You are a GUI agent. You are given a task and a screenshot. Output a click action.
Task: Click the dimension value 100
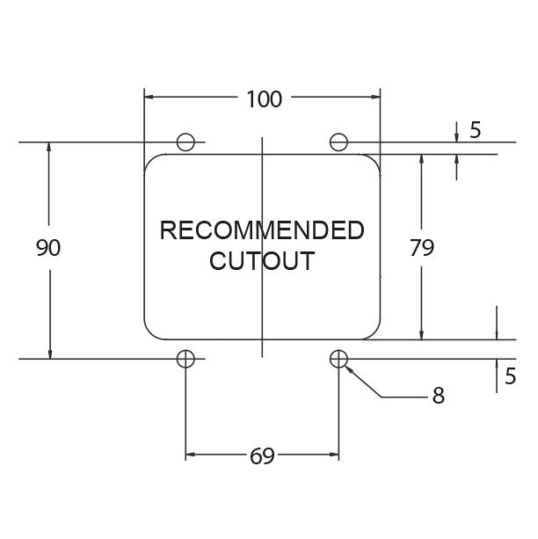264,99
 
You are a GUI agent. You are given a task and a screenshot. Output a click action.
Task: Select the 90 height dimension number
48,249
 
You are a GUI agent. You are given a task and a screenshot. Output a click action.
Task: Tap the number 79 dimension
422,249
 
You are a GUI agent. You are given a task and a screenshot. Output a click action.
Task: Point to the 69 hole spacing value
262,455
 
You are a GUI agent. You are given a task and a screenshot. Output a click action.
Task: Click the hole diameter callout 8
438,397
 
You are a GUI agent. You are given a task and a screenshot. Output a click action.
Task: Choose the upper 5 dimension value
476,131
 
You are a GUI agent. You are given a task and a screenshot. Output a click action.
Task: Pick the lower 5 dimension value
509,375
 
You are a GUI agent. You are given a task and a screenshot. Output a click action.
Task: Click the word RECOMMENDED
261,231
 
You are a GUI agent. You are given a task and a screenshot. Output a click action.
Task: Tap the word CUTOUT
261,261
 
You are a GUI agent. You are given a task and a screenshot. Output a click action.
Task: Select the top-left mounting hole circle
185,142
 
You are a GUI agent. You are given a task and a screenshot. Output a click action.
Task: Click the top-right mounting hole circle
339,142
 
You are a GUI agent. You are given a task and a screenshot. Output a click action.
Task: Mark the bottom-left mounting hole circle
185,358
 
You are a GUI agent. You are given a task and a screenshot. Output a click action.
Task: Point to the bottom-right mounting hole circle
339,358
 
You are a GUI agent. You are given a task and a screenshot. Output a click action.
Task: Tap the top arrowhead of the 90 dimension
50,148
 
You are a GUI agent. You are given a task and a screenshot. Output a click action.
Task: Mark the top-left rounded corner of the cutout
150,161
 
